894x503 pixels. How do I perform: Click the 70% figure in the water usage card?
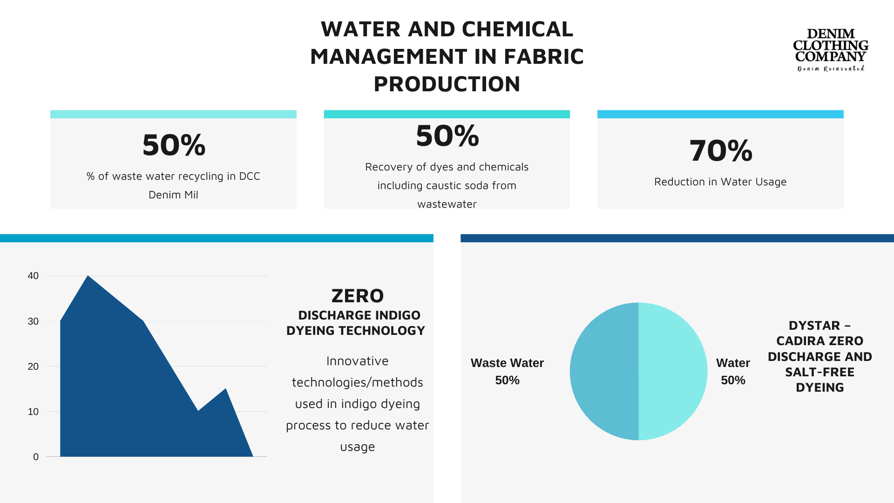coord(720,150)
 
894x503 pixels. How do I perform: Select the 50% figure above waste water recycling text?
coord(174,145)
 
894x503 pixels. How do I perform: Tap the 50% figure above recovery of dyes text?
coord(447,136)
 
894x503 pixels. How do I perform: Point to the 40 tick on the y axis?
coord(33,276)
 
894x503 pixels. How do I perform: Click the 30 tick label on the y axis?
coord(33,321)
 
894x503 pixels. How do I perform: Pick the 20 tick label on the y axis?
coord(33,367)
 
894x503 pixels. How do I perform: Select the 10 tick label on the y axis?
coord(33,412)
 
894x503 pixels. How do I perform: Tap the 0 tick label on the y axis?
coord(36,457)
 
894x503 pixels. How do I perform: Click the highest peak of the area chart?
coord(88,276)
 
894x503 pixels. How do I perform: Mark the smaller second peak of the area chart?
coord(226,389)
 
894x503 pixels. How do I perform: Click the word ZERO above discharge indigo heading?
coord(358,296)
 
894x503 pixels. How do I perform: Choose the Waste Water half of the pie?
coord(604,371)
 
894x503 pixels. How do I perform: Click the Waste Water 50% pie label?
coord(507,372)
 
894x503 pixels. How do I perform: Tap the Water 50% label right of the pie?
coord(733,372)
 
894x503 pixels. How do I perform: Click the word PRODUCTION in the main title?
coord(447,84)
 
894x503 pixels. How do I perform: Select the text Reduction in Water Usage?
coord(720,182)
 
